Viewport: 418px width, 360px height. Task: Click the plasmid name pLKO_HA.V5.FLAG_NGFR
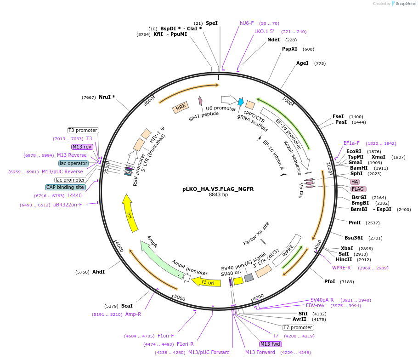pos(218,189)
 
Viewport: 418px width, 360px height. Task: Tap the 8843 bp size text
pos(218,195)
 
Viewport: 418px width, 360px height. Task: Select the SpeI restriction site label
pos(211,23)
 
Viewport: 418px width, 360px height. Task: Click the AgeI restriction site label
pos(302,63)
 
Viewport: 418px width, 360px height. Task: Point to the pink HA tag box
pos(355,182)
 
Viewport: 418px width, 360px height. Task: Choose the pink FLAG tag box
pos(358,189)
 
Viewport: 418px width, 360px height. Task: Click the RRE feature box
pos(181,108)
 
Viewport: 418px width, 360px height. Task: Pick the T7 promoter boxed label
pos(298,328)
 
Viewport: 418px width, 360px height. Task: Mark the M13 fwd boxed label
pos(270,344)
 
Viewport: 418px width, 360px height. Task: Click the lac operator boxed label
pos(73,163)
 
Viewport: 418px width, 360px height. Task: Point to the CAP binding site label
pos(65,187)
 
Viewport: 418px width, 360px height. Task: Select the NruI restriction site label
pos(107,97)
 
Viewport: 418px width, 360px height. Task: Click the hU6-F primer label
pos(247,23)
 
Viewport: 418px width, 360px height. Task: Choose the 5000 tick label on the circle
pos(180,298)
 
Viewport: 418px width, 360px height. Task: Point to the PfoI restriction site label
pos(330,281)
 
